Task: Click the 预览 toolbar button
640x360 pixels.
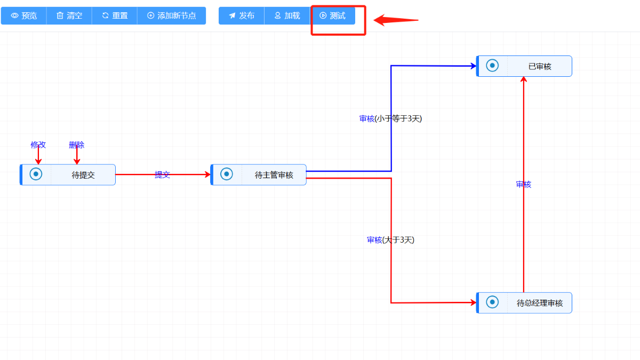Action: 24,16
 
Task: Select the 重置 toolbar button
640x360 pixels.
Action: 115,16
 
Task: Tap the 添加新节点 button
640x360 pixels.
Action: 171,16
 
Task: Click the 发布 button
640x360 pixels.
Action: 241,16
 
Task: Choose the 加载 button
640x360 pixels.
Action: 287,16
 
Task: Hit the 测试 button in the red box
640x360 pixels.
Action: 332,16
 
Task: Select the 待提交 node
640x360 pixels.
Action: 68,175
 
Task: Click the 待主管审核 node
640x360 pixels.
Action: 259,175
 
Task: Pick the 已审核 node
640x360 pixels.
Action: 524,66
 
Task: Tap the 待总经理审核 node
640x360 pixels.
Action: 524,303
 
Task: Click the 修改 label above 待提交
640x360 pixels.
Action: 38,145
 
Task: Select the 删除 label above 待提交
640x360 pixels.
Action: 77,145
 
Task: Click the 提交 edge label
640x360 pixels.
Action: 162,175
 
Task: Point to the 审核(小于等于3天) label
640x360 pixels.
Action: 390,119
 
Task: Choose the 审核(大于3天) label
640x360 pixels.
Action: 390,240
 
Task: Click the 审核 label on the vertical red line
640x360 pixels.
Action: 524,185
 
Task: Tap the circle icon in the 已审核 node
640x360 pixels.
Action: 492,66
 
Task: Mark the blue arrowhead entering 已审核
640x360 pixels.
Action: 474,66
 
